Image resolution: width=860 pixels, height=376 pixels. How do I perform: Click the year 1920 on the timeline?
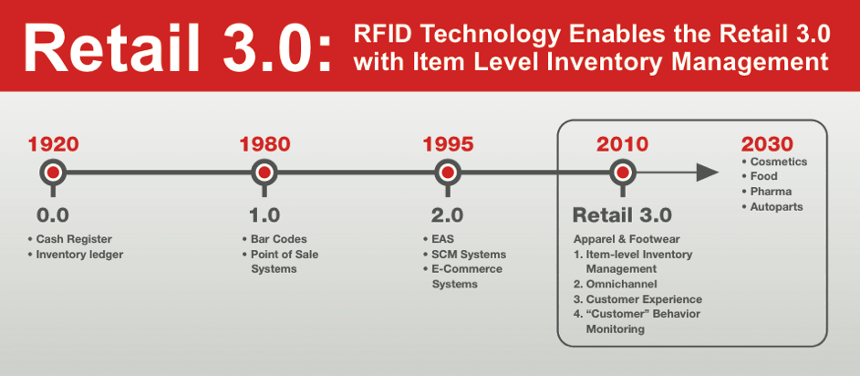(x=53, y=144)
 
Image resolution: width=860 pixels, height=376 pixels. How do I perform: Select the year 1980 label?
(x=264, y=144)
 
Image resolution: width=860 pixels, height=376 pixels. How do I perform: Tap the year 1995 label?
(x=448, y=144)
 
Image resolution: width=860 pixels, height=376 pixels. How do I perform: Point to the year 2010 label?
(x=622, y=144)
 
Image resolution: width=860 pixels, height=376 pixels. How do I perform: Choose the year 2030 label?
(x=767, y=144)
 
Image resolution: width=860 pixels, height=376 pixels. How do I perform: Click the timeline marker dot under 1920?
(x=53, y=172)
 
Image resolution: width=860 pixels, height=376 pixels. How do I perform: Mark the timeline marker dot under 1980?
(x=264, y=172)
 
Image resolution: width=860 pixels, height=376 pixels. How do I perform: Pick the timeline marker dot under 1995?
(x=448, y=172)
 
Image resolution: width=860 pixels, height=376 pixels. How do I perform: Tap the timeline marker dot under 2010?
(x=622, y=172)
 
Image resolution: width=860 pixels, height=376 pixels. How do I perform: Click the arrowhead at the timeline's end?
(x=708, y=172)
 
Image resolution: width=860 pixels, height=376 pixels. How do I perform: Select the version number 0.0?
(x=53, y=215)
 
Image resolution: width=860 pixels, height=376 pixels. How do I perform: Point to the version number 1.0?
(x=264, y=215)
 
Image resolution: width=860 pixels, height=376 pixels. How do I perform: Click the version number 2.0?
(x=448, y=215)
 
